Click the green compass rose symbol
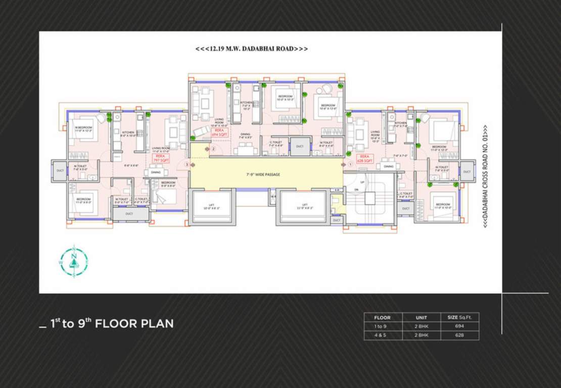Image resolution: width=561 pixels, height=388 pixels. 74,261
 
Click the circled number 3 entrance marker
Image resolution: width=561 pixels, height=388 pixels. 187,165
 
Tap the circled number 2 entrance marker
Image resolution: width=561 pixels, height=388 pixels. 213,149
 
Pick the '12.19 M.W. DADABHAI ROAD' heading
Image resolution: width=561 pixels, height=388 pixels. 252,49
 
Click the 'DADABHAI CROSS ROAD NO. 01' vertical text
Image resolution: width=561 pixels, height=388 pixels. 485,176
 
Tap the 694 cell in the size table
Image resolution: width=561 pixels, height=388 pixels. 459,326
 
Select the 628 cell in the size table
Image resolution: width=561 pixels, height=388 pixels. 459,335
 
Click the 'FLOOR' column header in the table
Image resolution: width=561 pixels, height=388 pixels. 383,318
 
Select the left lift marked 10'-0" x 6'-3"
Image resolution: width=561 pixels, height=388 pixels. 211,207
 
